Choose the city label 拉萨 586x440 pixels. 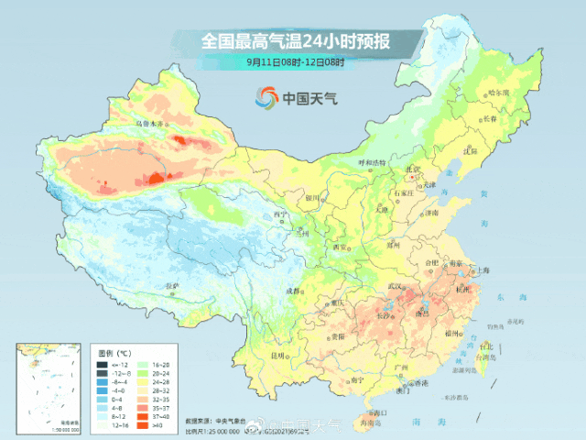[x=171, y=286]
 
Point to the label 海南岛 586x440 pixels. [x=370, y=423]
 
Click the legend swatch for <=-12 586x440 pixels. [x=103, y=365]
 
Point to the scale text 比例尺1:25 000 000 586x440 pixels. [x=220, y=430]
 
